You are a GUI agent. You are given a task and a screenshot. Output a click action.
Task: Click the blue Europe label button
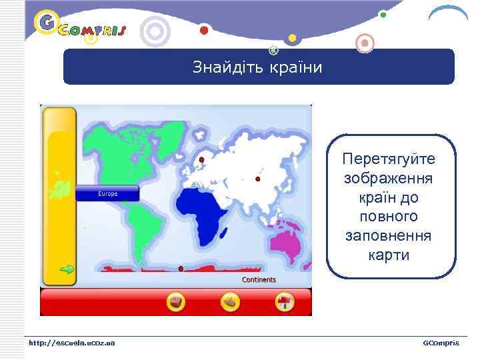tap(107, 194)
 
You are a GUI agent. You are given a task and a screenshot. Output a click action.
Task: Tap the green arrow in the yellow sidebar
tap(67, 270)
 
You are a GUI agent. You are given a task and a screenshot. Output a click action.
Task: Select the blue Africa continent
tap(204, 213)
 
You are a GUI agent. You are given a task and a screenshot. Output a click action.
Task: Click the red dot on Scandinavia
tap(201, 160)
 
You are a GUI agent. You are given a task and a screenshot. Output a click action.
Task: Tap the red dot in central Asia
tap(258, 179)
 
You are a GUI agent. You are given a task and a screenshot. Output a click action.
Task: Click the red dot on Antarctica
tap(181, 269)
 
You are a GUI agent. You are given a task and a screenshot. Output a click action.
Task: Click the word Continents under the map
tap(259, 280)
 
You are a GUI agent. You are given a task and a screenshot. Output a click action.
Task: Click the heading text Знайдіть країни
tap(257, 67)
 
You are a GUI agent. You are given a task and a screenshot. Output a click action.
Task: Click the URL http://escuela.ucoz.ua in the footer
tap(71, 343)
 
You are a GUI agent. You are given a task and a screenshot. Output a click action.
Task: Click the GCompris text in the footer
tap(441, 343)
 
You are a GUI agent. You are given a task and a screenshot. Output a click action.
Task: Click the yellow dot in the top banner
tap(292, 37)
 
